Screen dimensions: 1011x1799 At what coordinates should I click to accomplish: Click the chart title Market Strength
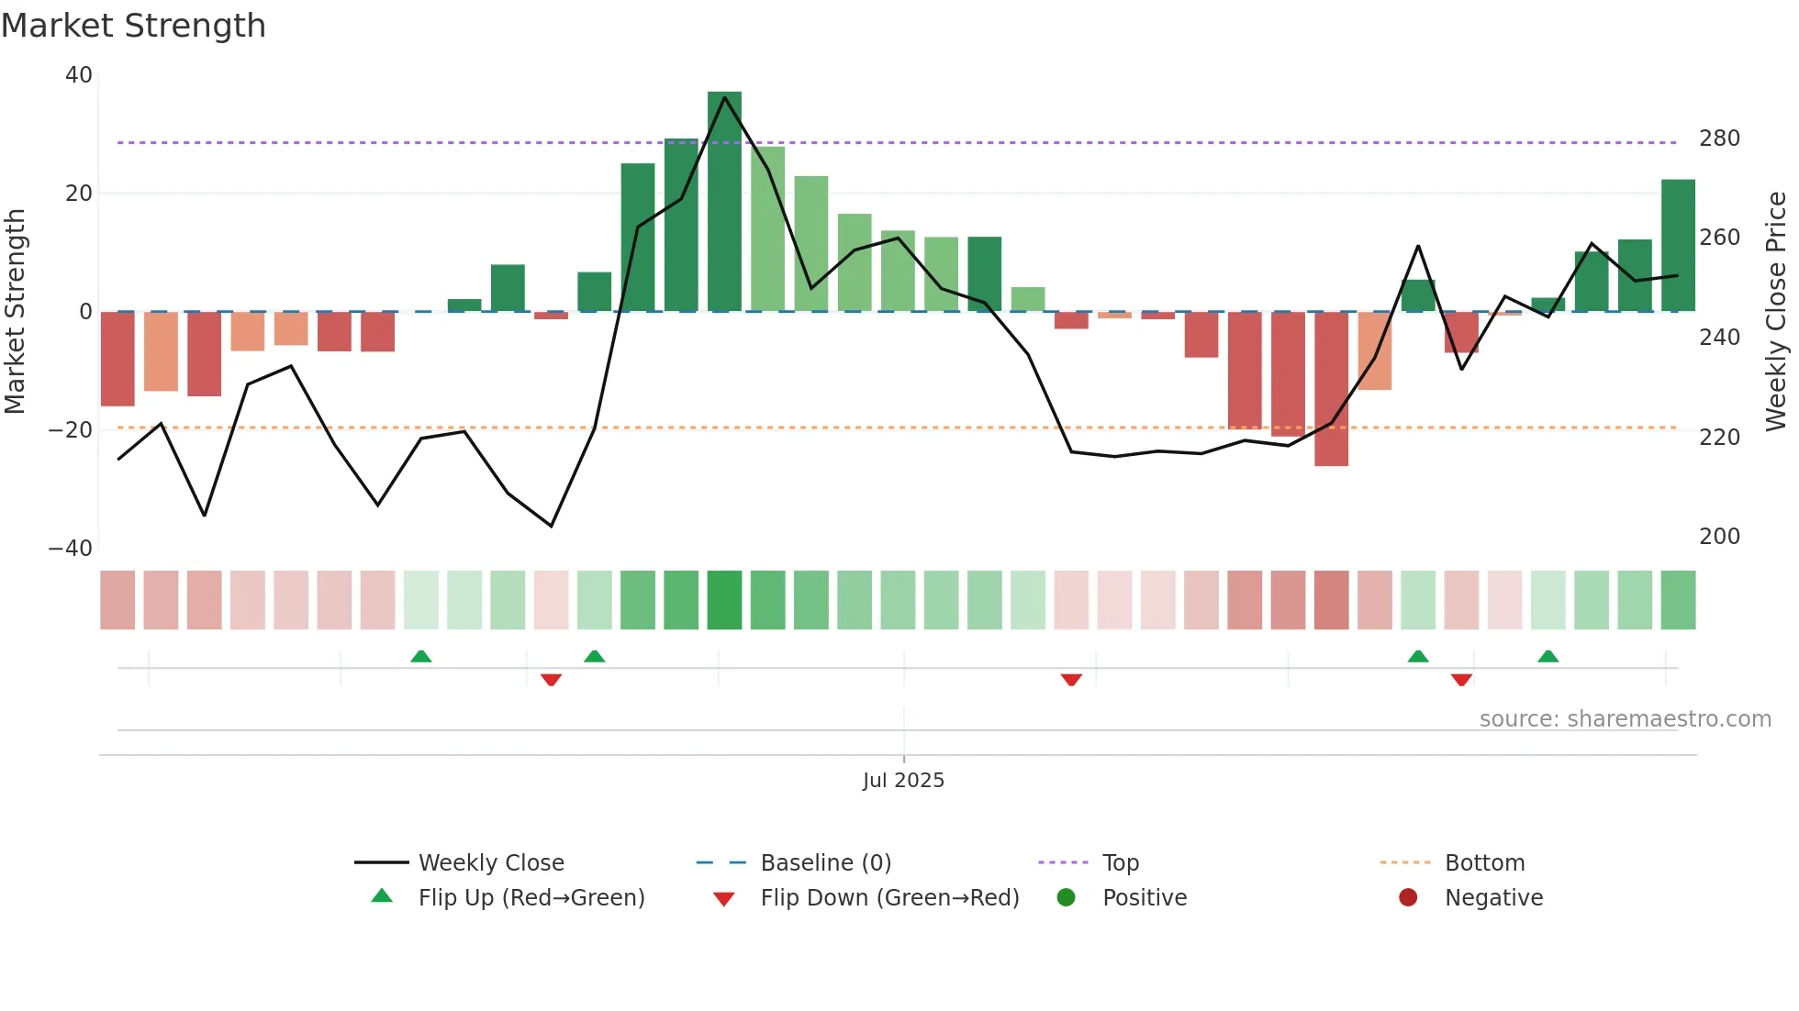(133, 26)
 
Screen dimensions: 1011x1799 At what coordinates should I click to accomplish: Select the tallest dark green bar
(724, 202)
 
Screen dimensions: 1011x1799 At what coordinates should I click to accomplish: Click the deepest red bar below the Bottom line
(1331, 390)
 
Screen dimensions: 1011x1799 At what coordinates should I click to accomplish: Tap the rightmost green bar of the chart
(1678, 246)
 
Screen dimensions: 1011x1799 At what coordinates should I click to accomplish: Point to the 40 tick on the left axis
(79, 75)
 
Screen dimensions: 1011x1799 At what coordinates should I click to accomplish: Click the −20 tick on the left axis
(71, 430)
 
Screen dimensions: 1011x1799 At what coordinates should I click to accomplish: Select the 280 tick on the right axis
(1719, 139)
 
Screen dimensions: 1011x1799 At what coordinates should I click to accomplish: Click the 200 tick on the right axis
(1719, 537)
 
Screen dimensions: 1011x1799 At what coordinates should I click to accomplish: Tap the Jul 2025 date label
(903, 781)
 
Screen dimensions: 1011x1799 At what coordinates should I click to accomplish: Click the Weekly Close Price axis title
(1776, 312)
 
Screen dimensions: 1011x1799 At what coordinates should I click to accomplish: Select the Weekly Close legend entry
(491, 863)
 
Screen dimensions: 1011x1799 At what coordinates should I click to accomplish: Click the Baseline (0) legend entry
(825, 863)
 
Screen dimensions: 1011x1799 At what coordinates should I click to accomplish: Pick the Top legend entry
(1120, 863)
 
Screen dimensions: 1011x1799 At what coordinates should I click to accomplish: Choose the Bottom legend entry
(1484, 863)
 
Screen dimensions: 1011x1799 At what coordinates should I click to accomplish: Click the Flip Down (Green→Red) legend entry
(888, 898)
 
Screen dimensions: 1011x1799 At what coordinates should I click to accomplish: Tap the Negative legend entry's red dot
(1408, 898)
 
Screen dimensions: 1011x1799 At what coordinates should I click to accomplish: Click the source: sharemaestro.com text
(1625, 719)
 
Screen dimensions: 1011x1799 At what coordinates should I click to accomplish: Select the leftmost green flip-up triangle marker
(420, 656)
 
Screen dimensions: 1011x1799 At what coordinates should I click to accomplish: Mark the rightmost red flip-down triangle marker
(1461, 680)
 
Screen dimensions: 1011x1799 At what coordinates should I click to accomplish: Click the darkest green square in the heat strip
(724, 600)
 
